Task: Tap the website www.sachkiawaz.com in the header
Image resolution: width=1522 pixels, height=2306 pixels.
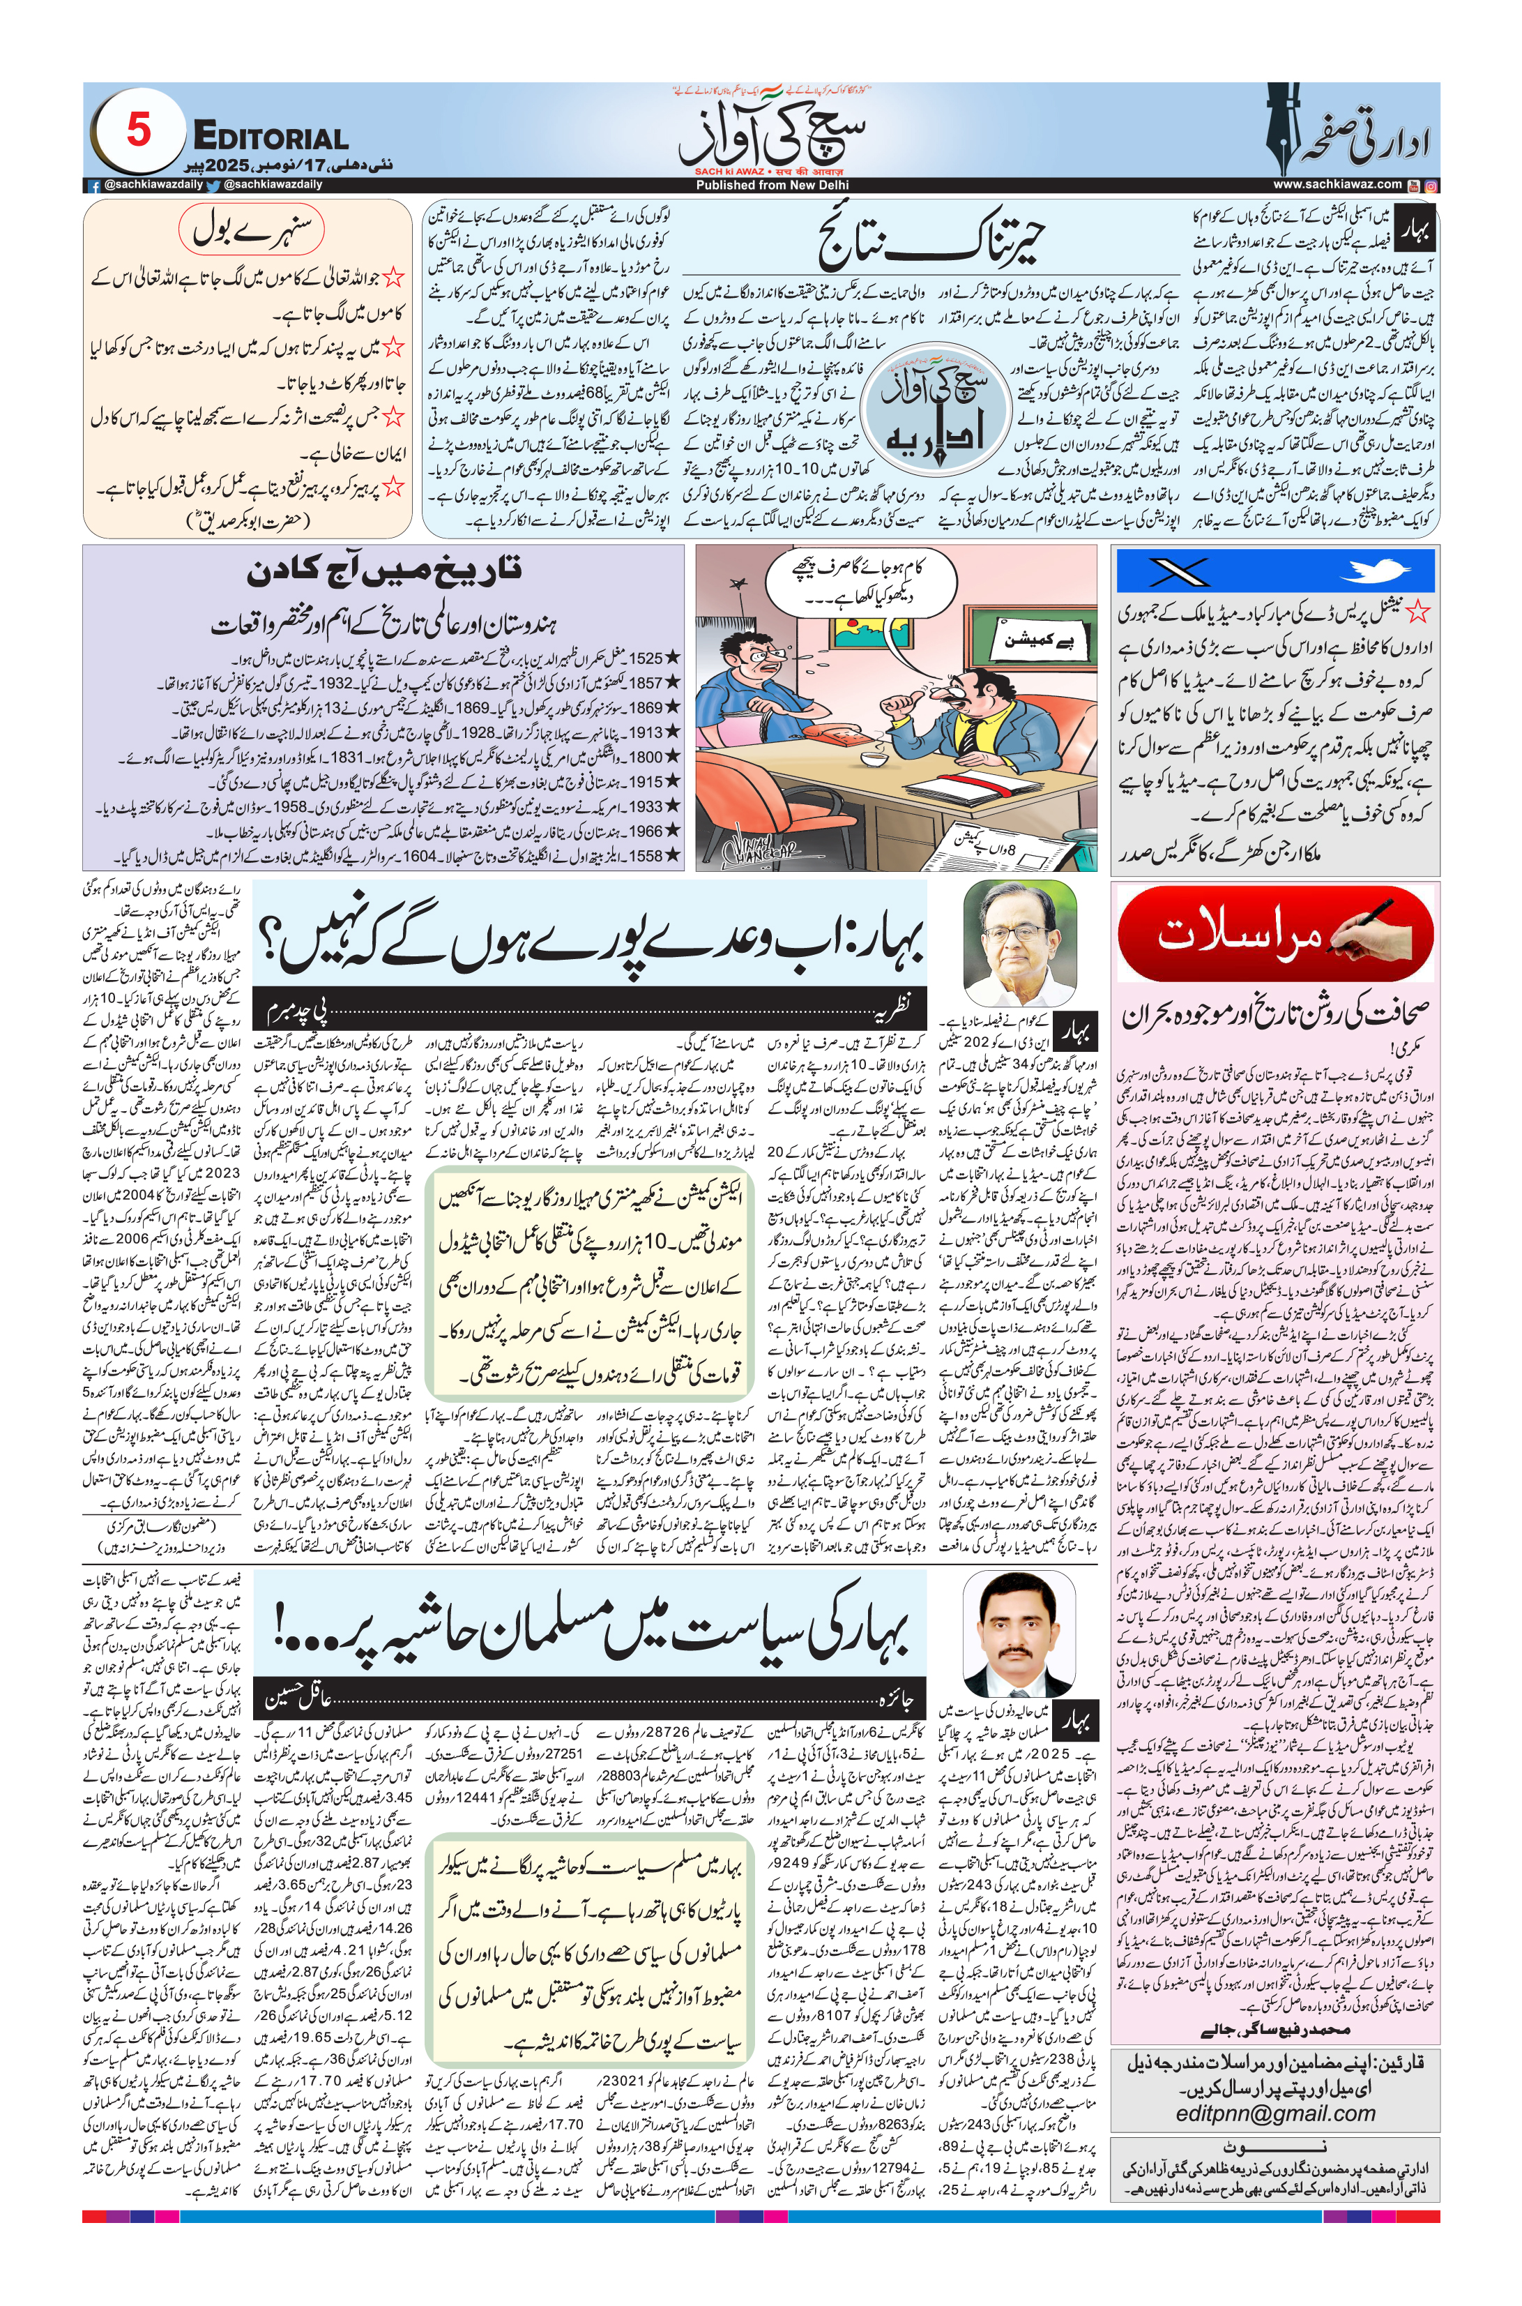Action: [x=1337, y=184]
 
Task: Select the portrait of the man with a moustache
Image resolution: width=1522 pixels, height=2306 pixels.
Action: [x=1019, y=1634]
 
